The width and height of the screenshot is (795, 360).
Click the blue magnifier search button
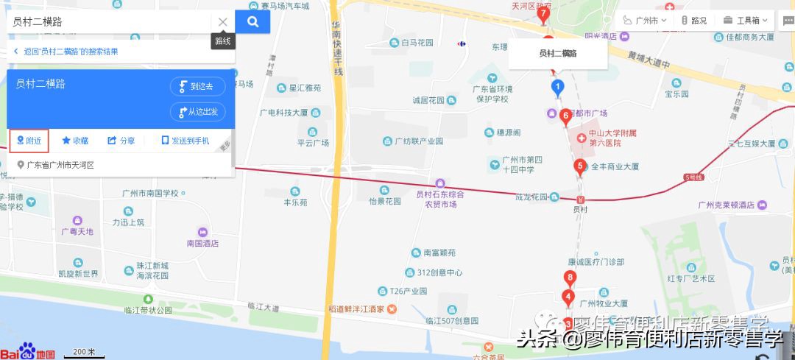[x=252, y=22]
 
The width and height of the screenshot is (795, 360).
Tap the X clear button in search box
[x=222, y=22]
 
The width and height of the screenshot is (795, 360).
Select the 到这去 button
[x=197, y=86]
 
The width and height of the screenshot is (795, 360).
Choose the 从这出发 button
[x=197, y=112]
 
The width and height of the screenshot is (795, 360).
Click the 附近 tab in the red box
[x=29, y=140]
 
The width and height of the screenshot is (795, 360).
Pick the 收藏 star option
[x=75, y=140]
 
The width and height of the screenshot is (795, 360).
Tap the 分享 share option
[x=121, y=140]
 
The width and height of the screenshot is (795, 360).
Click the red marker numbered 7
[x=543, y=13]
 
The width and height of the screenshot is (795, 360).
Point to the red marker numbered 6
[x=565, y=116]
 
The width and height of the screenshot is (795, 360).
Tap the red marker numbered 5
[x=580, y=166]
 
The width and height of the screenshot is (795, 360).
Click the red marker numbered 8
[x=569, y=278]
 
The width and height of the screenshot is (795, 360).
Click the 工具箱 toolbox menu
[x=746, y=21]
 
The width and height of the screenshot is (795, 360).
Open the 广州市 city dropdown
[x=646, y=21]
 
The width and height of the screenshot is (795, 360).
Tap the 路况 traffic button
[x=694, y=21]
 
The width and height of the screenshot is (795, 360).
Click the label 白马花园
[x=417, y=43]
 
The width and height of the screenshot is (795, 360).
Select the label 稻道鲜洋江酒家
[x=356, y=308]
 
